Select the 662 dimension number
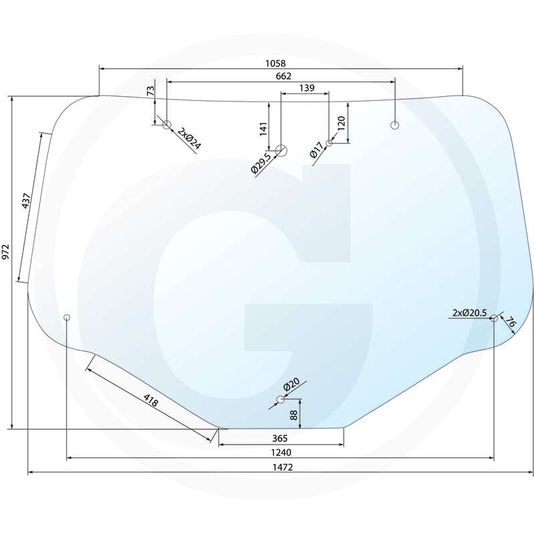(284, 76)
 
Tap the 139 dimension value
(307, 88)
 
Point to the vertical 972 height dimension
(6, 252)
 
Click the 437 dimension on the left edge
(27, 202)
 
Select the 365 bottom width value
(280, 439)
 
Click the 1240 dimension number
(282, 453)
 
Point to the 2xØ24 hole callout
(190, 137)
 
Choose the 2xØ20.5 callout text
(470, 312)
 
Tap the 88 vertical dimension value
(293, 415)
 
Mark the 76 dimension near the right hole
(511, 324)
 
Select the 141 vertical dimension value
(263, 127)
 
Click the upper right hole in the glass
(394, 125)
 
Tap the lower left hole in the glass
(67, 317)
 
